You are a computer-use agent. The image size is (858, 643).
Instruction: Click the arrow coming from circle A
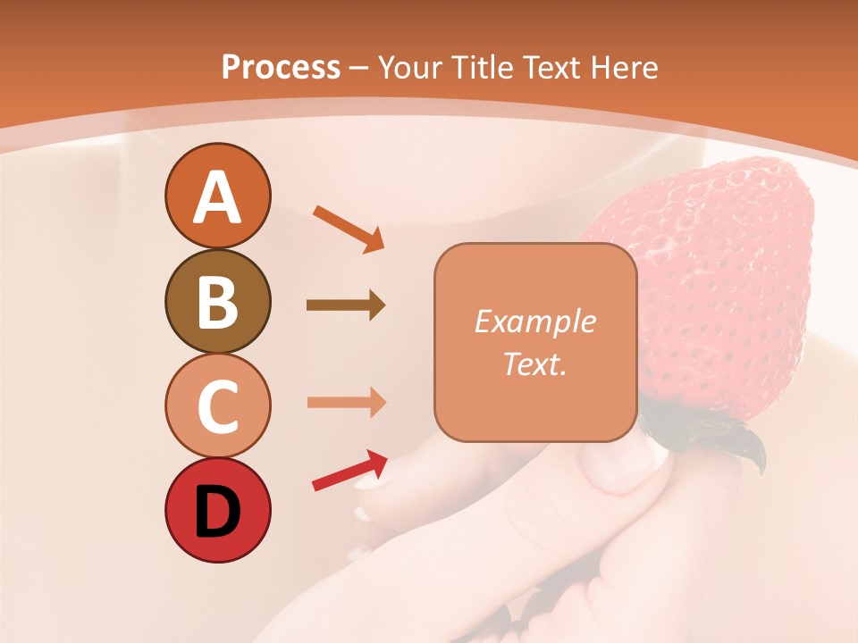click(x=348, y=228)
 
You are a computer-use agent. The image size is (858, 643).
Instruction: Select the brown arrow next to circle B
click(x=345, y=305)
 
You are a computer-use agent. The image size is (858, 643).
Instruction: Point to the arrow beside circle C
click(x=346, y=402)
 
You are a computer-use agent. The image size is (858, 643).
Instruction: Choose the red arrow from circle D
click(x=349, y=471)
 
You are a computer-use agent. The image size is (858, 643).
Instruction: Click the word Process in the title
click(x=281, y=67)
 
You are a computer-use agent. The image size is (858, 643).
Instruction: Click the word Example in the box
click(x=534, y=321)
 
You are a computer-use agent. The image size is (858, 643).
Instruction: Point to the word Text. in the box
click(x=534, y=363)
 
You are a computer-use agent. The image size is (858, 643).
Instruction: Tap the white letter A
click(x=217, y=197)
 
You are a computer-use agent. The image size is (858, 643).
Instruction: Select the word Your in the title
click(x=408, y=67)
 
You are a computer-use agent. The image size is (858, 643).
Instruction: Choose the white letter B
click(x=217, y=303)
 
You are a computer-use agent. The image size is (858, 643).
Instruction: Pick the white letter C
click(x=217, y=406)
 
